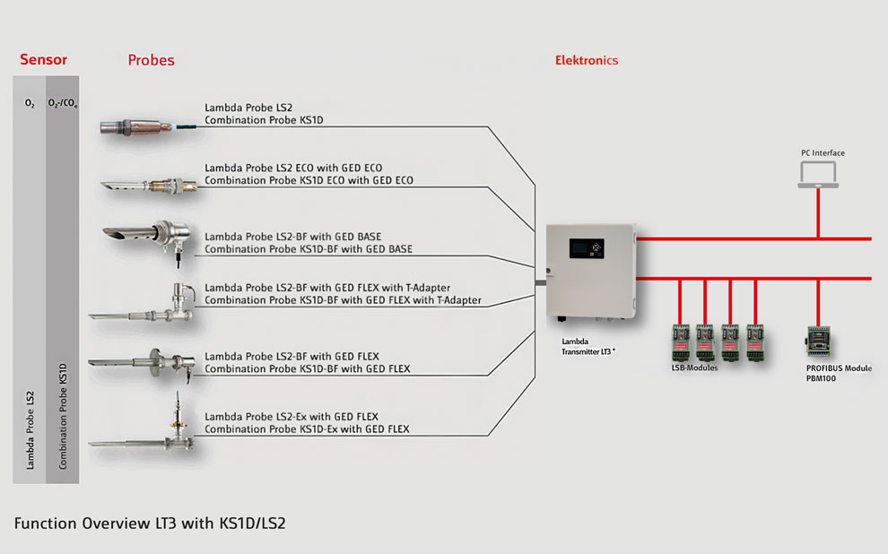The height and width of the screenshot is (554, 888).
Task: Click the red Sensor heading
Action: (43, 61)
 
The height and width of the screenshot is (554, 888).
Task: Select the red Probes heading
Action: (151, 61)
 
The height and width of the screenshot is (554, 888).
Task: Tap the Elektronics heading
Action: (587, 61)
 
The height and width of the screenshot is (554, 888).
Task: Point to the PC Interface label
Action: (823, 153)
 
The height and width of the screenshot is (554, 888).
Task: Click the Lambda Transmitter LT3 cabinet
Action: (589, 270)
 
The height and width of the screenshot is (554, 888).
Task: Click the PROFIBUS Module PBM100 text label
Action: (839, 373)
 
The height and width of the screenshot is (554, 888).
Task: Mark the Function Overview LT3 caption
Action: (150, 523)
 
